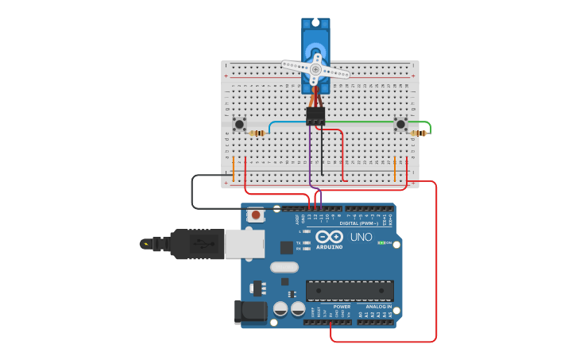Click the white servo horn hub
[x=315, y=70]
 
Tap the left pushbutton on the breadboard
[x=239, y=123]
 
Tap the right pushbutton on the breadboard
[x=400, y=124]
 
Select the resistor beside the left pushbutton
[x=257, y=133]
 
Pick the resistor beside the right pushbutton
[x=419, y=133]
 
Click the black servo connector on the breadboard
[x=315, y=116]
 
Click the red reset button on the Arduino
[x=256, y=215]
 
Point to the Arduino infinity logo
[x=327, y=237]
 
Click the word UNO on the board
[x=361, y=237]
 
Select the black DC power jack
[x=250, y=312]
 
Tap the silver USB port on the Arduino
[x=244, y=244]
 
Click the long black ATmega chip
[x=350, y=290]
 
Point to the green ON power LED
[x=381, y=242]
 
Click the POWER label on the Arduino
[x=342, y=307]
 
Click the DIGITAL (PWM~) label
[x=359, y=223]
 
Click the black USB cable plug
[x=191, y=244]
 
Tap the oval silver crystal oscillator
[x=284, y=267]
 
